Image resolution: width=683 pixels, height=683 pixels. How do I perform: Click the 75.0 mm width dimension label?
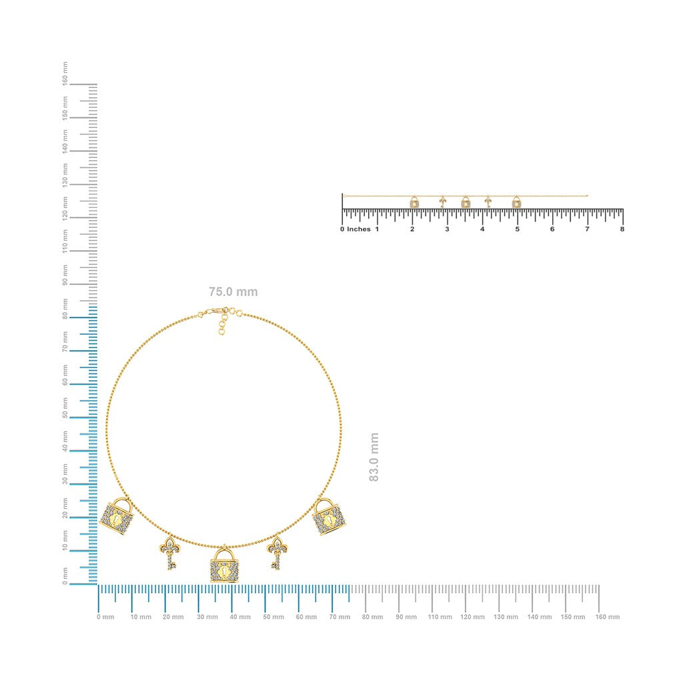click(233, 292)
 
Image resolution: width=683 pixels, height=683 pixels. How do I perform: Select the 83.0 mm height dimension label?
click(374, 457)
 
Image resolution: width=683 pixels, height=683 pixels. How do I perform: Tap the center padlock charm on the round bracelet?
click(224, 565)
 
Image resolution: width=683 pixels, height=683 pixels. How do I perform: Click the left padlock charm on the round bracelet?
click(117, 516)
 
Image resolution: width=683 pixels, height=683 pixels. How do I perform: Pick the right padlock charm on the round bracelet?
click(329, 517)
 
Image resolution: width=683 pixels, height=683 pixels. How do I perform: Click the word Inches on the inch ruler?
click(358, 229)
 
